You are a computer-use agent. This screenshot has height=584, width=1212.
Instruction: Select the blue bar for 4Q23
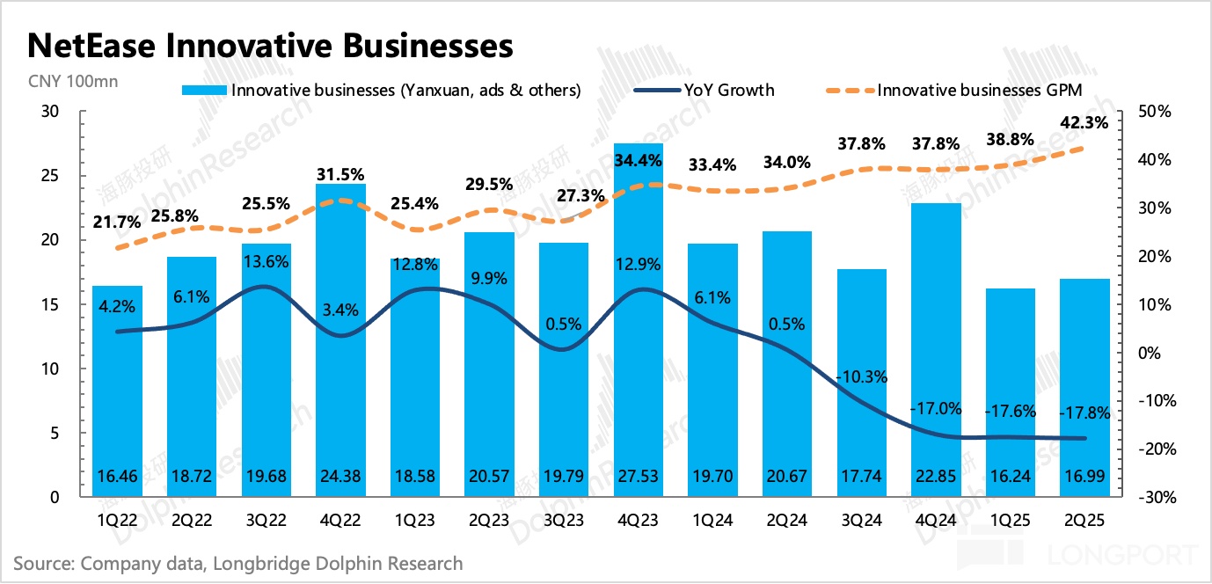[x=639, y=352]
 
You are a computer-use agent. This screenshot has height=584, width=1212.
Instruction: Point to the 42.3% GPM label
[x=1084, y=123]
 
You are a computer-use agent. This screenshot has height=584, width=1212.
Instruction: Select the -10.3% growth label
[x=862, y=376]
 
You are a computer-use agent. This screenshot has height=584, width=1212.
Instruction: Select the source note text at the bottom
[x=238, y=563]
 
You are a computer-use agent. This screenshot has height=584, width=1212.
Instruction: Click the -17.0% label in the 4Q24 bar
[x=936, y=408]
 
